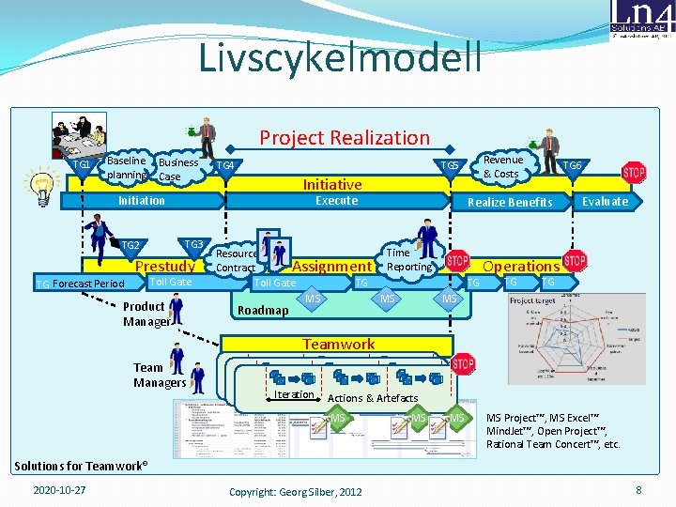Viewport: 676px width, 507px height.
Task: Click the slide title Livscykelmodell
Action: click(x=339, y=57)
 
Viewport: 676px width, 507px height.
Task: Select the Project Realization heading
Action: click(x=345, y=138)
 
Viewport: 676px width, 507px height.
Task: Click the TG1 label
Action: click(x=83, y=166)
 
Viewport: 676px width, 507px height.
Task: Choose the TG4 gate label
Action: click(x=225, y=166)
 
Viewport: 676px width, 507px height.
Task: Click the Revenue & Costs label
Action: click(x=503, y=167)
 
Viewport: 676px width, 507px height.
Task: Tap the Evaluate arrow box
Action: click(x=605, y=201)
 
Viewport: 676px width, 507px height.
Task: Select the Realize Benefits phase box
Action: click(x=510, y=202)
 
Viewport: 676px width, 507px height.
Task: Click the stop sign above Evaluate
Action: click(x=634, y=173)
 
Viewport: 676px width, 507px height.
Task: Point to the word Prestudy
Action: click(x=165, y=267)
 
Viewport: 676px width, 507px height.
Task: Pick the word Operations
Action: click(x=521, y=267)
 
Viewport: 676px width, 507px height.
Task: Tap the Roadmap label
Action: click(x=264, y=311)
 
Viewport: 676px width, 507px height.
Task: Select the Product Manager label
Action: click(x=145, y=315)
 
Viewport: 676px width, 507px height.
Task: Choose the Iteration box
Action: click(x=294, y=394)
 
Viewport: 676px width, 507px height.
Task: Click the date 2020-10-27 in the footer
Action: click(x=59, y=490)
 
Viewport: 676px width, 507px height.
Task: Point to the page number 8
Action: click(x=638, y=490)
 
